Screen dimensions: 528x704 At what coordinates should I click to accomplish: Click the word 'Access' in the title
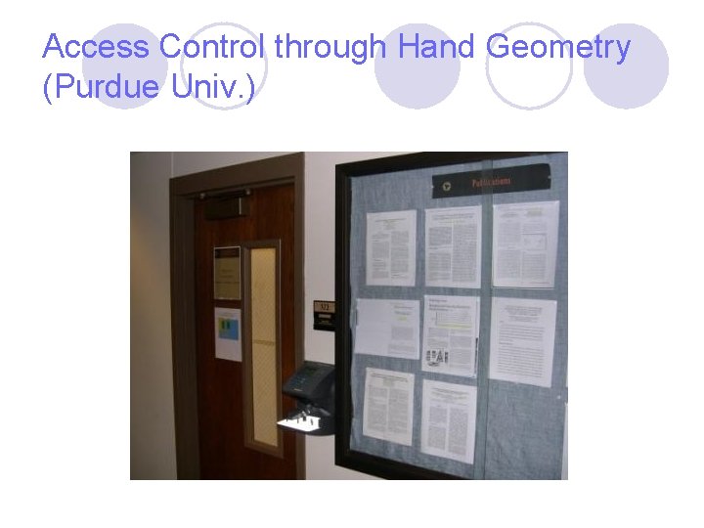click(96, 47)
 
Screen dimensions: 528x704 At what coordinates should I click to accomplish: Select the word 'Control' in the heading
click(213, 47)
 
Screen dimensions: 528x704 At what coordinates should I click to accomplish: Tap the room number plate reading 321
click(323, 308)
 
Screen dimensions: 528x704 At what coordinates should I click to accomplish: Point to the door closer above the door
click(223, 206)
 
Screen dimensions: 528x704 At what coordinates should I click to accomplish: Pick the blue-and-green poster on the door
click(228, 334)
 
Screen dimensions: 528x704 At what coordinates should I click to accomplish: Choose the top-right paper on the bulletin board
click(525, 243)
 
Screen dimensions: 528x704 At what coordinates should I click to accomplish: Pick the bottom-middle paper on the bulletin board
click(450, 418)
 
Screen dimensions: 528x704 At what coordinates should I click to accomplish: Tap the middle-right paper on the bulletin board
click(522, 339)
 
